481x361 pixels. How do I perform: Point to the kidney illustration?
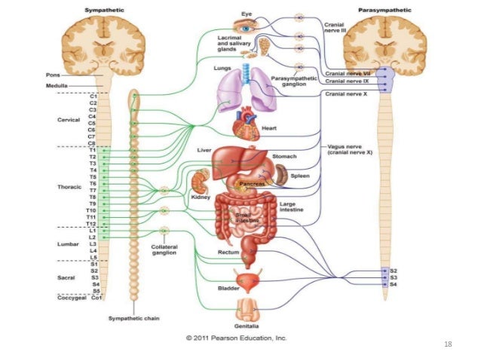(201, 183)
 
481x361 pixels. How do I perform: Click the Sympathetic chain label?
(131, 319)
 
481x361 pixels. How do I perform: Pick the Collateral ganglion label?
(164, 249)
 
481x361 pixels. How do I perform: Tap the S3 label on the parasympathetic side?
(394, 277)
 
